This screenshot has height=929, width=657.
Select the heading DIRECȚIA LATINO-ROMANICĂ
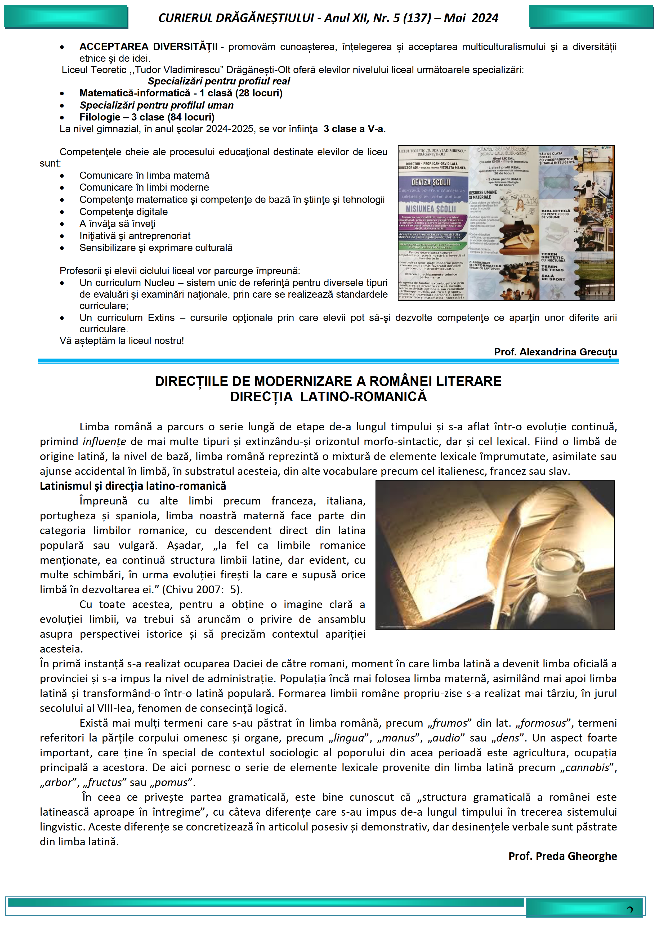[328, 396]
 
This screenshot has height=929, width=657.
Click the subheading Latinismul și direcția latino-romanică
[133, 486]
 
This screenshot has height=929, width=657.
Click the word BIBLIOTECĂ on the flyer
[556, 211]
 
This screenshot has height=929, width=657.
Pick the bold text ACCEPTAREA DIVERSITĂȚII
[149, 47]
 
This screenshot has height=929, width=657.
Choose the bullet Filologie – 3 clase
[147, 117]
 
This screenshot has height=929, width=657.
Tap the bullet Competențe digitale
[123, 212]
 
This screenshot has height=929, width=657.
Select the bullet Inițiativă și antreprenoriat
[135, 236]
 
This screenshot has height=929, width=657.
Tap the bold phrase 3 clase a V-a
[354, 129]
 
